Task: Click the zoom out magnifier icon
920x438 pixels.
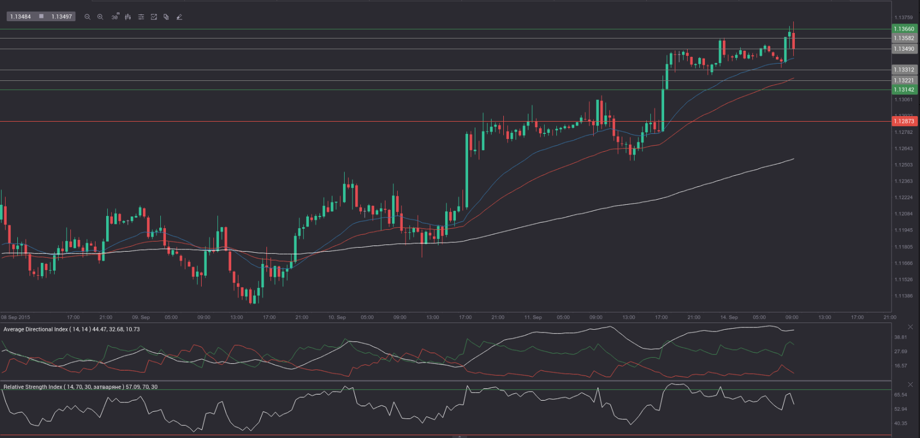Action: tap(87, 17)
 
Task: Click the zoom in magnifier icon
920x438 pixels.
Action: tap(101, 17)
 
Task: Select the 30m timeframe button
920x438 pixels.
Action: tap(115, 17)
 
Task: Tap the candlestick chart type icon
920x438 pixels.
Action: tap(128, 17)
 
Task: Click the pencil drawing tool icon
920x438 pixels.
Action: tap(179, 17)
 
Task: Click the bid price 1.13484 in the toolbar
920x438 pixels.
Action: tap(21, 17)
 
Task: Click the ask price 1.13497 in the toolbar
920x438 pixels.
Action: tap(61, 17)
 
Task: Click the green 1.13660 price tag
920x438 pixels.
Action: tap(904, 29)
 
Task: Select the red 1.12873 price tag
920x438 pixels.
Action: tap(904, 121)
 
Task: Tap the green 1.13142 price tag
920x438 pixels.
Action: tap(904, 90)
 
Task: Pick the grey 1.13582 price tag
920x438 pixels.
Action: tap(904, 38)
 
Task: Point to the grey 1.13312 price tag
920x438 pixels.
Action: tap(904, 70)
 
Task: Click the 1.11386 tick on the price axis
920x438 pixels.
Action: tap(903, 296)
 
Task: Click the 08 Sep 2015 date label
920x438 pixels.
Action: tap(16, 317)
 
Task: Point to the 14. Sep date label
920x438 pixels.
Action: tap(729, 317)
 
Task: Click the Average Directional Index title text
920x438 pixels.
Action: tap(36, 329)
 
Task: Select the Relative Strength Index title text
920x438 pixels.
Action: tap(33, 387)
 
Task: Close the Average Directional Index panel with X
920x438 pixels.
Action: tap(910, 327)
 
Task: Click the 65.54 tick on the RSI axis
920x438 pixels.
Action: tap(900, 394)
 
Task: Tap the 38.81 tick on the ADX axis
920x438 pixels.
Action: tap(900, 337)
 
